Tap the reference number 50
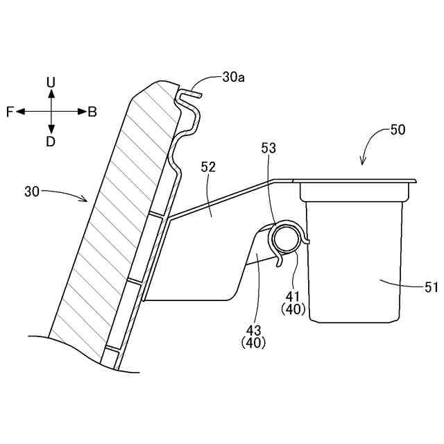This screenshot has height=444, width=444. tap(398, 129)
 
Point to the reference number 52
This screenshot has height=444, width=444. tap(208, 167)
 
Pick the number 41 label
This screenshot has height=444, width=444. tap(293, 294)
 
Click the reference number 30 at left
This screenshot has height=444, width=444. tap(33, 190)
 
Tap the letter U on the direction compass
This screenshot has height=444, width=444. tap(51, 83)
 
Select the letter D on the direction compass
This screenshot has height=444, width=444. tap(51, 142)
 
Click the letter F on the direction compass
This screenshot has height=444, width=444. tap(10, 112)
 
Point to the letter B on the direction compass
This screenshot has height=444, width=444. tap(92, 112)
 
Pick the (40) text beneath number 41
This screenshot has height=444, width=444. tap(293, 309)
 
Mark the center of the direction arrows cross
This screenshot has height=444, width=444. tap(51, 112)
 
